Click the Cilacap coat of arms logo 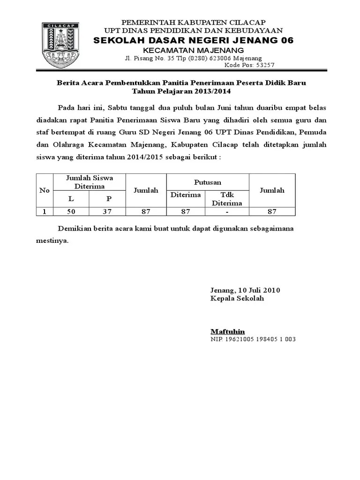[x=64, y=44]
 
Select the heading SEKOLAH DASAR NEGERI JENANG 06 [x=194, y=41]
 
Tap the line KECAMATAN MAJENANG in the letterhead [x=193, y=50]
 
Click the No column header [x=45, y=190]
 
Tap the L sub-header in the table [x=71, y=198]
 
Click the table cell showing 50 [x=71, y=211]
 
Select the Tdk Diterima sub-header [x=227, y=199]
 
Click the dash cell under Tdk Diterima [x=227, y=211]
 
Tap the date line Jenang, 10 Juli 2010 [x=245, y=290]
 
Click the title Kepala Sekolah [x=237, y=298]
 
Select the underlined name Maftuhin [x=227, y=331]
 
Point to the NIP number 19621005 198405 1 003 [x=253, y=339]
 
